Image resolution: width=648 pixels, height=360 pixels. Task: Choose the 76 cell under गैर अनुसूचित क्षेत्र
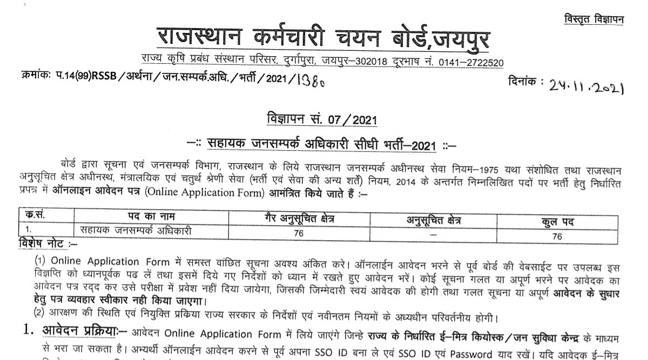(295, 234)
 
